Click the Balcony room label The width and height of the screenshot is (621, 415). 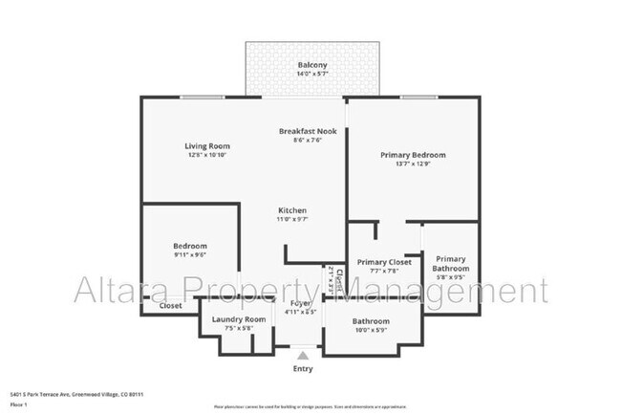click(x=310, y=64)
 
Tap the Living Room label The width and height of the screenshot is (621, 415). click(x=207, y=146)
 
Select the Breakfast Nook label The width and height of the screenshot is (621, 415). click(x=307, y=130)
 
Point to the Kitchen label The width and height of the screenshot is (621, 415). click(x=292, y=210)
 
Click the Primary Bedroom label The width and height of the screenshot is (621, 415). click(x=413, y=154)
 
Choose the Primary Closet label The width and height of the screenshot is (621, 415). click(x=383, y=262)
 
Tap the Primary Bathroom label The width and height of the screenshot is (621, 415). click(x=451, y=263)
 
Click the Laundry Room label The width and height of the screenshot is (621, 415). click(x=233, y=319)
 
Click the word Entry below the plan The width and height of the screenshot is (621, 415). click(x=303, y=368)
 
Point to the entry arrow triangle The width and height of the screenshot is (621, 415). click(x=303, y=355)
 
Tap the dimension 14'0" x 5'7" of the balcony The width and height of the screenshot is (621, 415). click(x=310, y=74)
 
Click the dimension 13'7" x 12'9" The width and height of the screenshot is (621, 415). click(x=413, y=164)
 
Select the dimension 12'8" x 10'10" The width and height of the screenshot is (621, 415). click(x=207, y=156)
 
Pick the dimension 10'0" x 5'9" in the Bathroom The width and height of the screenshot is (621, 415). click(x=371, y=331)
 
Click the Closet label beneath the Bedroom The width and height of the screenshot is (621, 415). click(x=170, y=306)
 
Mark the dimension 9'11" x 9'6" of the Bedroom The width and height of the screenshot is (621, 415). click(x=189, y=255)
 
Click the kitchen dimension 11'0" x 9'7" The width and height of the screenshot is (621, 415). click(x=292, y=220)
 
